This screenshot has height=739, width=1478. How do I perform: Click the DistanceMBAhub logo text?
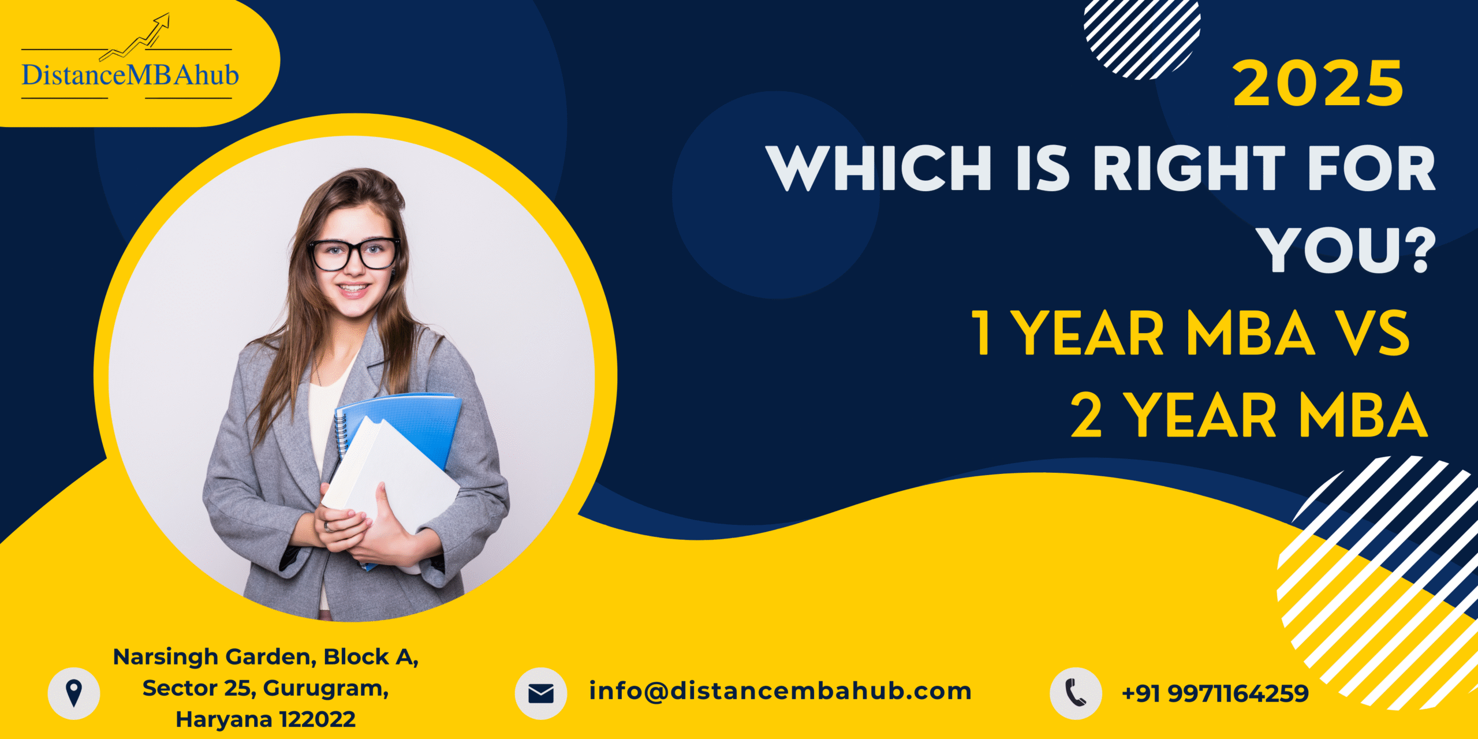coord(130,76)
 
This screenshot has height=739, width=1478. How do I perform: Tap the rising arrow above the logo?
coord(135,38)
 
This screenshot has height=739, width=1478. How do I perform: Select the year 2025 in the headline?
coord(1318,84)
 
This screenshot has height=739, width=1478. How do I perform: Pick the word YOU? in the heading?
coord(1348,249)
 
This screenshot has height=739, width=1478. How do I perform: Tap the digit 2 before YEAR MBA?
coord(1087,415)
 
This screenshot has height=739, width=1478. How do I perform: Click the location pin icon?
coord(74,693)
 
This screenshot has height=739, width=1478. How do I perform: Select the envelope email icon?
coord(541,693)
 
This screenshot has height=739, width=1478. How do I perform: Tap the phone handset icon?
coord(1076,693)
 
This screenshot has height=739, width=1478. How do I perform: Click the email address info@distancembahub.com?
coord(781,691)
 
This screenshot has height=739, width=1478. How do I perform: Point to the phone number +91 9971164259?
coord(1215,693)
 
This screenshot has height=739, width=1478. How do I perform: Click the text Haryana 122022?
coord(266,720)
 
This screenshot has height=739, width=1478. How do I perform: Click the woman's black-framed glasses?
coord(354,254)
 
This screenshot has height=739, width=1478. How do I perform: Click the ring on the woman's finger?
coord(327,527)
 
